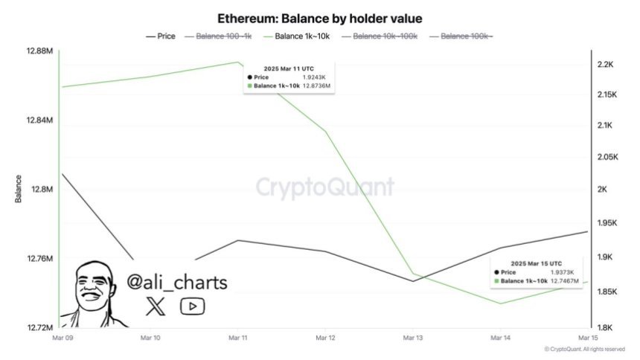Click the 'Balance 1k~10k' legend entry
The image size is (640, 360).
pyautogui.click(x=301, y=36)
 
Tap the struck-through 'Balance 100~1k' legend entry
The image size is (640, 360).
pyautogui.click(x=224, y=36)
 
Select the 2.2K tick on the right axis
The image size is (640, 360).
pyautogui.click(x=605, y=65)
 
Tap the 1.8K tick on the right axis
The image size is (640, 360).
pyautogui.click(x=605, y=327)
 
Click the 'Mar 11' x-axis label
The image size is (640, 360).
pyautogui.click(x=237, y=338)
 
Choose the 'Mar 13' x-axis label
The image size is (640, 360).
pyautogui.click(x=413, y=338)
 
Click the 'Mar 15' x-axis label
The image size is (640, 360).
pyautogui.click(x=588, y=338)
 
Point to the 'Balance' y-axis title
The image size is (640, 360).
pyautogui.click(x=18, y=189)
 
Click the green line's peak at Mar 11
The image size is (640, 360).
pyautogui.click(x=237, y=62)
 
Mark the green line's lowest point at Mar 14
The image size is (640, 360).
pyautogui.click(x=500, y=303)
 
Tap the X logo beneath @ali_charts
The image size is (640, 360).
pyautogui.click(x=154, y=306)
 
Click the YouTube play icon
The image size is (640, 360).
pyautogui.click(x=192, y=306)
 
